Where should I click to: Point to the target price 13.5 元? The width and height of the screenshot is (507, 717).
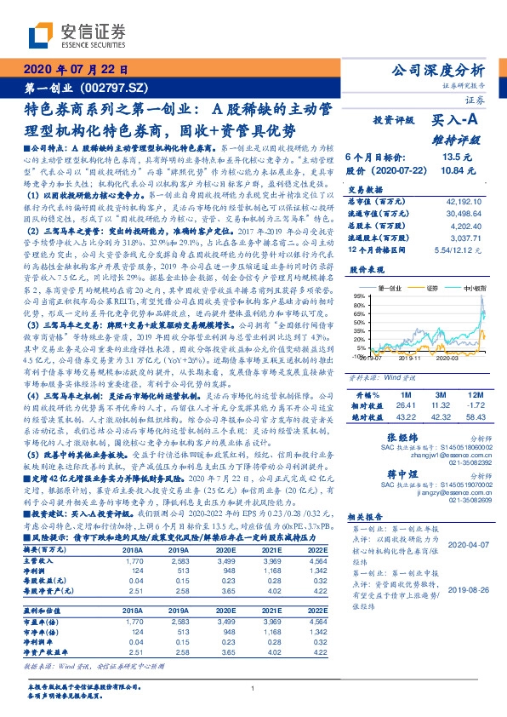[452, 157]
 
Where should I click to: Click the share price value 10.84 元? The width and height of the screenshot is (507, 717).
[452, 172]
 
